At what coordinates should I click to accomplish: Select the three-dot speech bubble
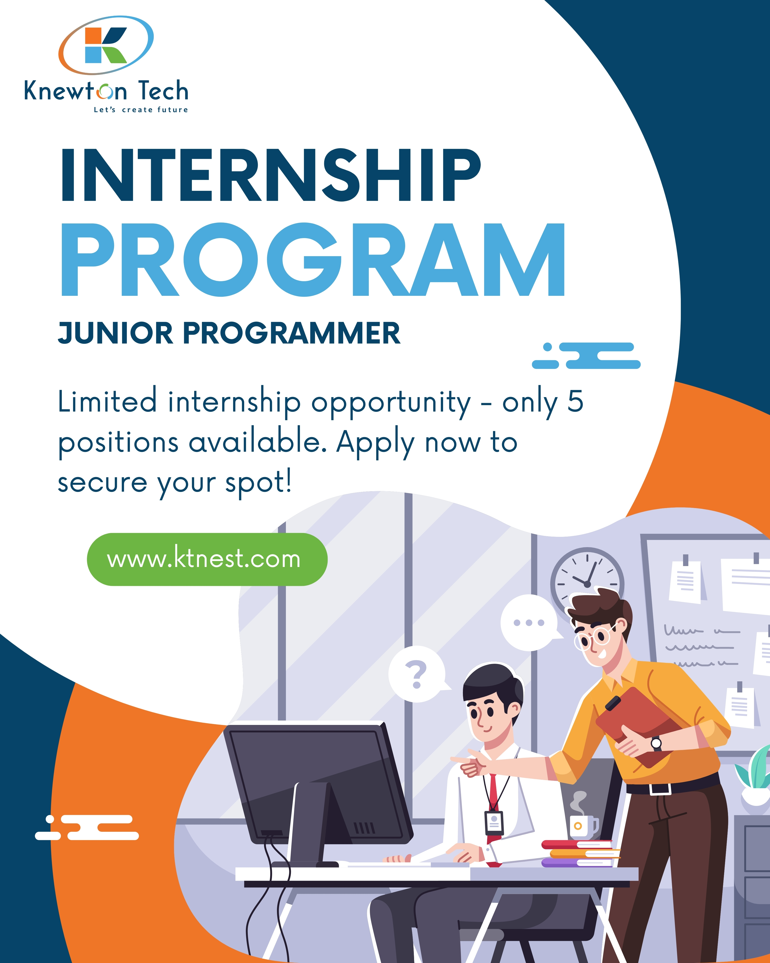click(x=530, y=622)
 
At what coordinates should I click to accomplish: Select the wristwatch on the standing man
click(x=656, y=743)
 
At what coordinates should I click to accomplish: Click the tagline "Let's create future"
click(x=141, y=109)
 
